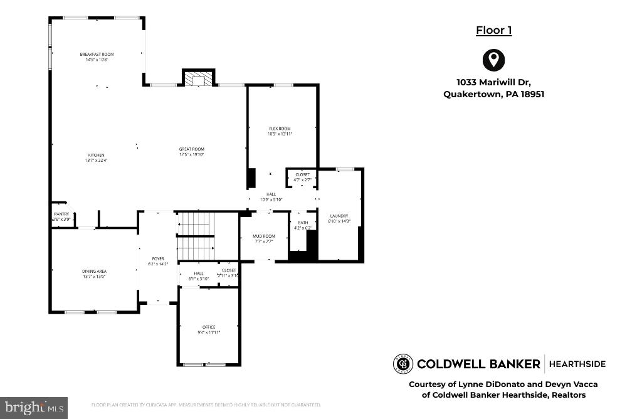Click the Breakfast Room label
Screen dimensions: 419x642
pos(97,55)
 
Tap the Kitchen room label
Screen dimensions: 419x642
pos(96,155)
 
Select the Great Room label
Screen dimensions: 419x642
pos(192,149)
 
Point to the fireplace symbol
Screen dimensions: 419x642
pos(198,79)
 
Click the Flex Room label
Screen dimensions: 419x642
pos(280,129)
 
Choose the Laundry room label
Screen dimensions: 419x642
pos(339,216)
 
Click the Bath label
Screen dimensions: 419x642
pos(303,223)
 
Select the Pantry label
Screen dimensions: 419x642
pos(61,214)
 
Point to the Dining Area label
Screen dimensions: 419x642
pos(94,271)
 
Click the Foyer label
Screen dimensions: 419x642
pos(157,258)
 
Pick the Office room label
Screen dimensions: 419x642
pos(209,327)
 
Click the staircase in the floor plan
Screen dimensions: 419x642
pos(196,236)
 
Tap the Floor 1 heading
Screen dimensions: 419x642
pos(493,30)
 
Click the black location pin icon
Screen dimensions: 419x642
pos(493,60)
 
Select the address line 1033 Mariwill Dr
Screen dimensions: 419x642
pos(493,82)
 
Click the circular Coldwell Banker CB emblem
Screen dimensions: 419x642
pos(403,364)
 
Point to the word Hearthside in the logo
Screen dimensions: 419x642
pos(577,364)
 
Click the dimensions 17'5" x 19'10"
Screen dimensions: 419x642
pos(192,154)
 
